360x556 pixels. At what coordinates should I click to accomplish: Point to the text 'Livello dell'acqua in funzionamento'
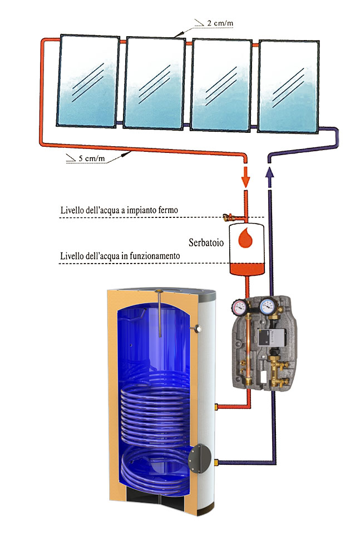click(x=120, y=255)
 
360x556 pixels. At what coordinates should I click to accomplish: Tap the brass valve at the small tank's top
click(x=227, y=217)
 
